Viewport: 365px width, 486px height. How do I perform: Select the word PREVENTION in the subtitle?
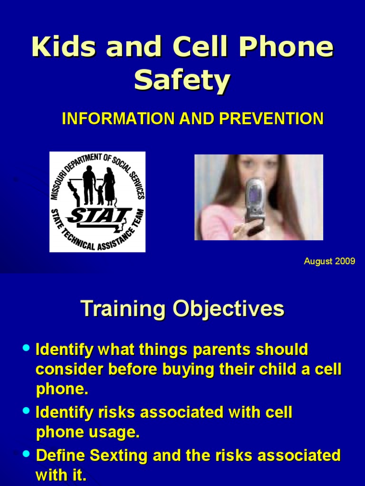click(271, 118)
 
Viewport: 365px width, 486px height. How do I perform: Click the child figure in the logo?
click(100, 194)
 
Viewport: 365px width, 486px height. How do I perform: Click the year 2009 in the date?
click(345, 262)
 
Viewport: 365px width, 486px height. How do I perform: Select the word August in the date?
click(318, 262)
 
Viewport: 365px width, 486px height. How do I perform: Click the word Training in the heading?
click(123, 309)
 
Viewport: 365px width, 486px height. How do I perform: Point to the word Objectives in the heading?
click(229, 309)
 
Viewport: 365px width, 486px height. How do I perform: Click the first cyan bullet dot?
click(27, 348)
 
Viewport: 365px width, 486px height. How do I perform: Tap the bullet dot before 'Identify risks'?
click(27, 411)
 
